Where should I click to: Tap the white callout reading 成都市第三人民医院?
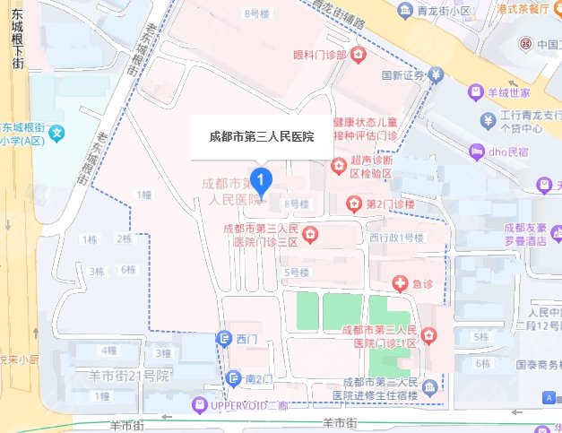tap(261, 137)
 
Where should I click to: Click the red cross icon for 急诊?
tap(400, 284)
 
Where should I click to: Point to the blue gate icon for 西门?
tap(224, 337)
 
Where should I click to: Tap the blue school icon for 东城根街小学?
tap(57, 134)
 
